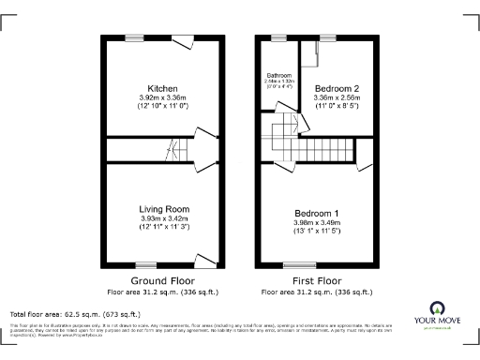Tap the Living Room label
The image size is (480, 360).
[x=164, y=209]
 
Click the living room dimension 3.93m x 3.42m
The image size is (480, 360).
[x=164, y=218]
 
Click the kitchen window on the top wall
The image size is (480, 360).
[x=136, y=37]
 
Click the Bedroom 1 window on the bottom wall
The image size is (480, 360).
[x=298, y=265]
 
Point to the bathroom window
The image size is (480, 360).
[x=278, y=37]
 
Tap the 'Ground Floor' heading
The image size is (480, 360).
[x=163, y=281]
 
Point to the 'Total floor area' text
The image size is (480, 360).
[x=75, y=314]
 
